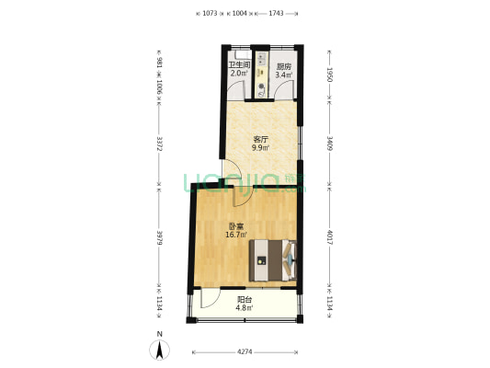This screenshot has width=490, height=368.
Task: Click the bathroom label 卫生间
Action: coord(239,65)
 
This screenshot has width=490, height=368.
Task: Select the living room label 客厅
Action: coord(261,139)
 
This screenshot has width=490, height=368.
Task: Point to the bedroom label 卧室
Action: coord(236,226)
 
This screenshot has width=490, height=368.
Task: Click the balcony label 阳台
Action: coord(245,300)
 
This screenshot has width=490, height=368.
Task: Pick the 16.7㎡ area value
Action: coord(236,236)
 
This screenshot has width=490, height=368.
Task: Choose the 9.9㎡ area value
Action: coord(261,148)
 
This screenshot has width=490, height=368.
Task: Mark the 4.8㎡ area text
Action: coord(245,309)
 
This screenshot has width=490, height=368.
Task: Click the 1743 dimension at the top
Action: coord(276,13)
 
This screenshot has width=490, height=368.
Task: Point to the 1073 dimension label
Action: coord(210,13)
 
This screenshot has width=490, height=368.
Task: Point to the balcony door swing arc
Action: coord(208,300)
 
